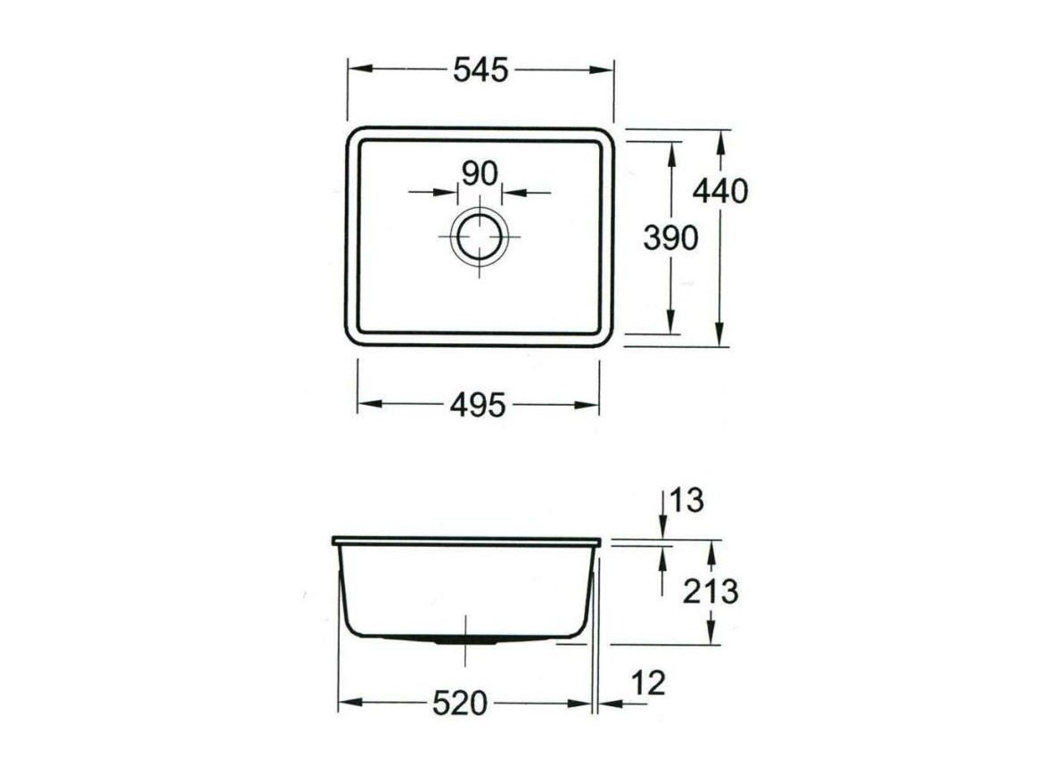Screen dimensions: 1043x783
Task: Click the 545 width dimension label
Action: (x=480, y=70)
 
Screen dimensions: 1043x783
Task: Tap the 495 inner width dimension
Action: (x=478, y=405)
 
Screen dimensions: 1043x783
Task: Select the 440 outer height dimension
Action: (x=720, y=192)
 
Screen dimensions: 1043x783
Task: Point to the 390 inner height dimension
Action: (x=670, y=237)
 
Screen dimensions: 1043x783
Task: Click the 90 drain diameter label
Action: (x=480, y=174)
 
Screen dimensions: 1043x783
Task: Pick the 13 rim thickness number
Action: (x=687, y=500)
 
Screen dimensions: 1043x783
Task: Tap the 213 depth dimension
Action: (x=710, y=591)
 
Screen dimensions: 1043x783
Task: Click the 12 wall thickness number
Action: (x=649, y=682)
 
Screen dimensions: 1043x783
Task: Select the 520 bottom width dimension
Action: (x=460, y=703)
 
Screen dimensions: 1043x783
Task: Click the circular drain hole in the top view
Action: (x=480, y=236)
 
